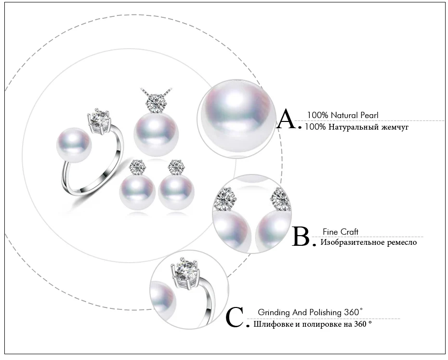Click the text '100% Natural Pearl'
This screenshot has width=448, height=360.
click(343, 115)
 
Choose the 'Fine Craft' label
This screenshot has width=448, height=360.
click(341, 232)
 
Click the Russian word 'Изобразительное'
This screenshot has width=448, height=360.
click(353, 242)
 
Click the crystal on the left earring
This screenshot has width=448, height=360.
click(136, 167)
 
